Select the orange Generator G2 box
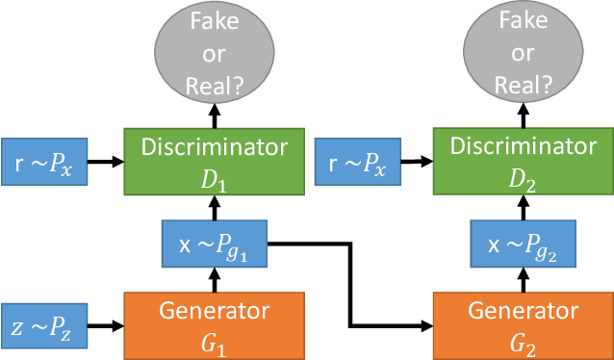pyautogui.click(x=522, y=324)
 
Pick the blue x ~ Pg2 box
pyautogui.click(x=522, y=244)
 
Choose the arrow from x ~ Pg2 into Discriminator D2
pyautogui.click(x=522, y=205)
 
